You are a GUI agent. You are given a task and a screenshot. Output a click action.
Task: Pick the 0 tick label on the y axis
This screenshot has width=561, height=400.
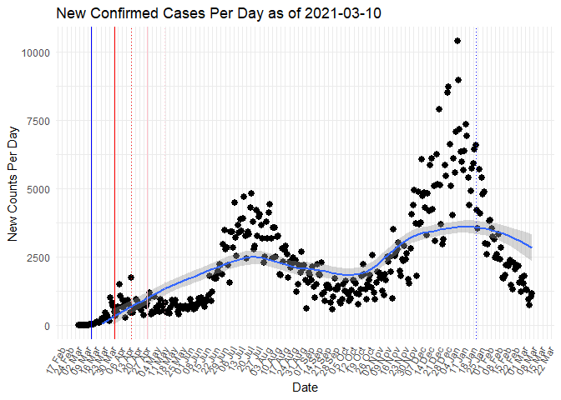pos(48,326)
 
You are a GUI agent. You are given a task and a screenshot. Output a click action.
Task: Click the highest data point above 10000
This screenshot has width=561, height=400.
pos(457,41)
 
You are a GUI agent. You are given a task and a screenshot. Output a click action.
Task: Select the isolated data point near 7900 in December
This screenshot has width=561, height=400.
pos(439,109)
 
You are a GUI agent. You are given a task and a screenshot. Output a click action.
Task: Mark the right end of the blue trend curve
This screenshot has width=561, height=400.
pos(532,247)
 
